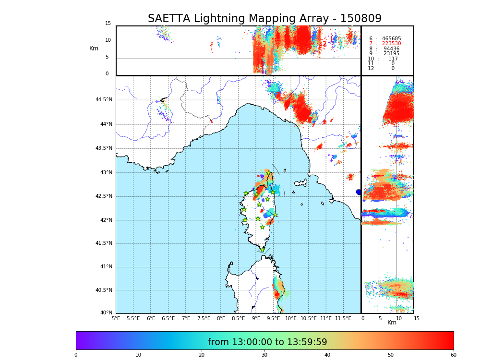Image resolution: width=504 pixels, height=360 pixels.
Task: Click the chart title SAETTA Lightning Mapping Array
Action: coord(264,19)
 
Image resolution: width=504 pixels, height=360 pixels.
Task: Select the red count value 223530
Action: coord(391,44)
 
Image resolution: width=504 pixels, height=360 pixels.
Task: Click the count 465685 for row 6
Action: coord(391,39)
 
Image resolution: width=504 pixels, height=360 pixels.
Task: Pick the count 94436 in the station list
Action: coord(391,49)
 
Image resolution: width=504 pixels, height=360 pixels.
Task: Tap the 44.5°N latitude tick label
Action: coord(104,100)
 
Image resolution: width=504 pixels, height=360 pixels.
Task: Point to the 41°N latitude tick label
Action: coord(105,267)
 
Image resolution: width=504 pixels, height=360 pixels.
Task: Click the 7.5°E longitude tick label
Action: coord(204,318)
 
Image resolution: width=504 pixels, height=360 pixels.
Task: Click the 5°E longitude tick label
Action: coord(116,318)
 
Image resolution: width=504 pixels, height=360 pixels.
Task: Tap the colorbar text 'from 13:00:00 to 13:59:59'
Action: coord(267,342)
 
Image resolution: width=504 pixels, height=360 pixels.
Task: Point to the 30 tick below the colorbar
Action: coord(264,355)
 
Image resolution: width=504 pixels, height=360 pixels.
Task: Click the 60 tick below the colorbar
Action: coord(453,355)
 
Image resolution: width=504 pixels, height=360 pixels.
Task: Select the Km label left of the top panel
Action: coord(94,48)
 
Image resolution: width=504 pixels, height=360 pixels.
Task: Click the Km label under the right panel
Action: coord(392,323)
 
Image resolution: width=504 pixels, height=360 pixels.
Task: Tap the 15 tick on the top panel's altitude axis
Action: coord(108,24)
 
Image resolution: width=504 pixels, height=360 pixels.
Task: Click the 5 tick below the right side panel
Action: coord(380,318)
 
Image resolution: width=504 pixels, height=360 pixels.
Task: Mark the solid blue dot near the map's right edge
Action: coord(358,192)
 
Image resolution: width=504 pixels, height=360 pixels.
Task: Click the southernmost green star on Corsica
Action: coord(262,249)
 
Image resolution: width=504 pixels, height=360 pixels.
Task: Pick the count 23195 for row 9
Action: coord(391,54)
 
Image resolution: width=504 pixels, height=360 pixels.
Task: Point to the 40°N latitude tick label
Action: coord(106,313)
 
